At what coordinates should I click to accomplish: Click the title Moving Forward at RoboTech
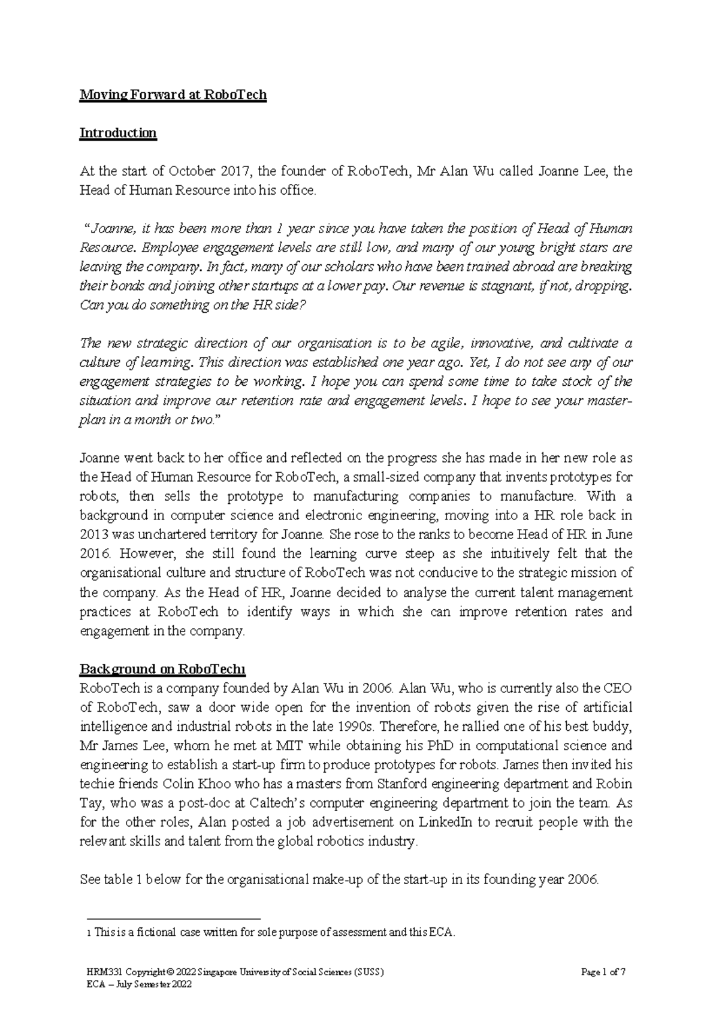173,95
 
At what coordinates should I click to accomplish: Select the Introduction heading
118,133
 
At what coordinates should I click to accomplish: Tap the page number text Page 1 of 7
603,972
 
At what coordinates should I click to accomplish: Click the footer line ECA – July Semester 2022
140,984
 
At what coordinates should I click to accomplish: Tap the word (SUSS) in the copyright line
368,972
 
